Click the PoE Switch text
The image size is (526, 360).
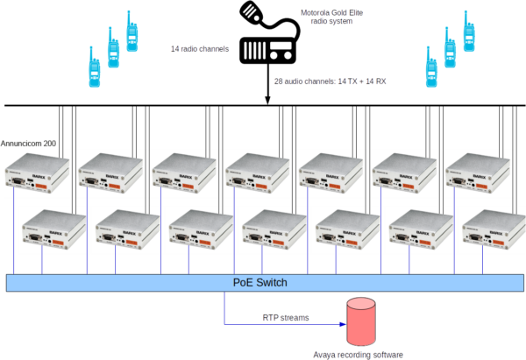[x=259, y=283]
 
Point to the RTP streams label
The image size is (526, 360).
[x=286, y=317]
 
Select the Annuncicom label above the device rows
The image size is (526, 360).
[x=29, y=143]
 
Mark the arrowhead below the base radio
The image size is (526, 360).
[x=267, y=98]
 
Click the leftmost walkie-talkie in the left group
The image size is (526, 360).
[x=92, y=67]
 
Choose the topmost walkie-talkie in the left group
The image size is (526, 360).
[x=133, y=33]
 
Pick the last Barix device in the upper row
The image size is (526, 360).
[x=480, y=174]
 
